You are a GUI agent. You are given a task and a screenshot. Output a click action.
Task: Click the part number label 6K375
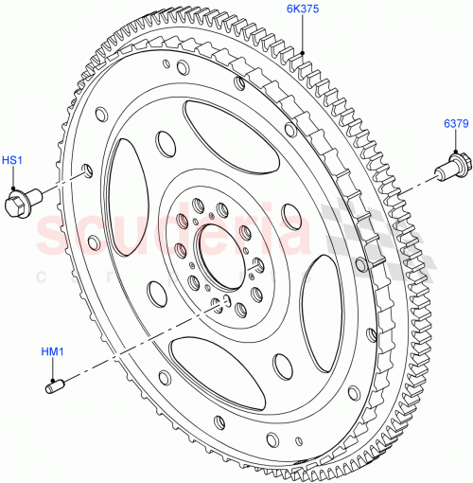point(305,9)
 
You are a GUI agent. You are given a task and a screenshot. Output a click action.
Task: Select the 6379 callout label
point(456,124)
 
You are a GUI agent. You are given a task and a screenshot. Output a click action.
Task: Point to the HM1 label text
point(51,352)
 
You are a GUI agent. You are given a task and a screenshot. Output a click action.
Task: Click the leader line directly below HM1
point(51,368)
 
